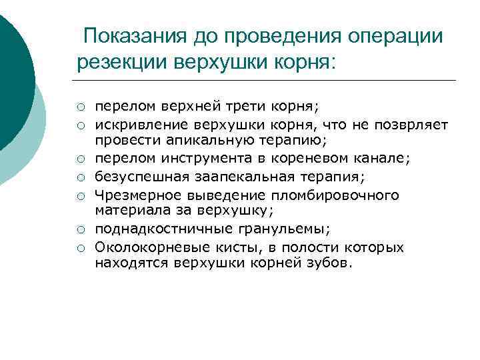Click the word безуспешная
point(139,177)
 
